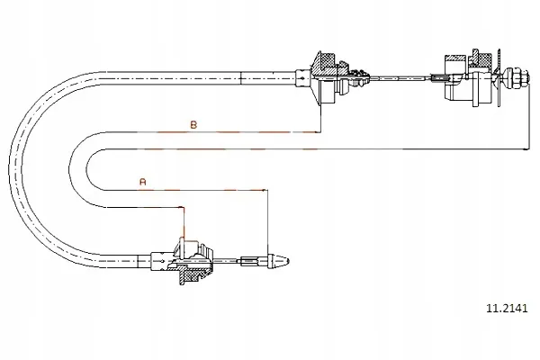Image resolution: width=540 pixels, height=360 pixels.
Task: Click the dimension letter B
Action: click(x=193, y=124)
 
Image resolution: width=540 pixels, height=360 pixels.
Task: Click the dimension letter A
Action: click(x=143, y=182)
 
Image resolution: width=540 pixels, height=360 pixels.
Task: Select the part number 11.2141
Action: click(x=506, y=308)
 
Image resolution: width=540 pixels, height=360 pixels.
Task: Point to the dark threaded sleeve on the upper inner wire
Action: click(x=439, y=78)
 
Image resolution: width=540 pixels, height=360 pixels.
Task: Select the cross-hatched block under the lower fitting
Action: click(x=192, y=274)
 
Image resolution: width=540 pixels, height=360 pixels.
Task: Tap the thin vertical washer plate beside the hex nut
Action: click(x=499, y=77)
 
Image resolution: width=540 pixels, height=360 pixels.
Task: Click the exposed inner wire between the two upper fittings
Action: click(x=400, y=78)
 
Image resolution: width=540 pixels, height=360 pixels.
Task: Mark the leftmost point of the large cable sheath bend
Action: click(x=10, y=170)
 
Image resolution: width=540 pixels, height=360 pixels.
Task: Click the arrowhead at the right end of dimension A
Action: click(x=265, y=190)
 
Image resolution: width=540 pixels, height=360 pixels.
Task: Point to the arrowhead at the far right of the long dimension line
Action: click(x=526, y=149)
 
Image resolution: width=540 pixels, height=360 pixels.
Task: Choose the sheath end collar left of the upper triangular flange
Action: click(x=302, y=78)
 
